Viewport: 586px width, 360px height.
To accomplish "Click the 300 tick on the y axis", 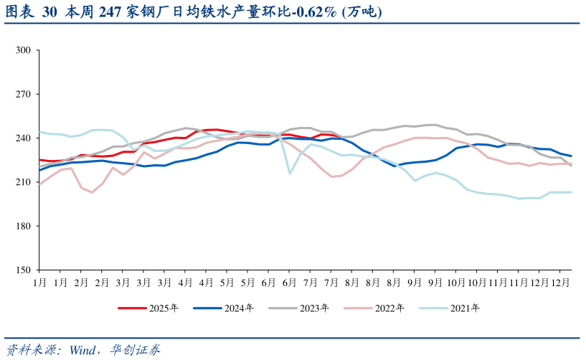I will click(x=23, y=50).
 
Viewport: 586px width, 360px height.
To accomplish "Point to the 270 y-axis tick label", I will click(x=23, y=94).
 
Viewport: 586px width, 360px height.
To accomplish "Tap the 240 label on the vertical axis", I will click(x=23, y=138).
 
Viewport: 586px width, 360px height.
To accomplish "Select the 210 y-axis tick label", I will click(x=23, y=182).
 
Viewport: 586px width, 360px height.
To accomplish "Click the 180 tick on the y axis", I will click(x=23, y=226).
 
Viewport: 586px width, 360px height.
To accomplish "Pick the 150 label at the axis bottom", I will click(x=23, y=270).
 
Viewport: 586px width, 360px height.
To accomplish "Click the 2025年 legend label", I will click(x=164, y=308).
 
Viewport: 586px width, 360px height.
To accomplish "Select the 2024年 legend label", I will click(x=239, y=308).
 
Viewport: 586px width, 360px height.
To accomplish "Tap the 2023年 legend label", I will click(x=314, y=308).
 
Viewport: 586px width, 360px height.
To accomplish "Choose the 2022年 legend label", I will click(x=389, y=308).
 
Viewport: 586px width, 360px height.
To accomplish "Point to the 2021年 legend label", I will click(x=465, y=308).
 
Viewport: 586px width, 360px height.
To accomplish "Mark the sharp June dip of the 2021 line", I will click(x=290, y=174).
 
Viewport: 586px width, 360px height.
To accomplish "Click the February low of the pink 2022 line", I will click(x=92, y=192).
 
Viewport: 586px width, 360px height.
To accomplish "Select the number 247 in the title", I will click(x=110, y=12).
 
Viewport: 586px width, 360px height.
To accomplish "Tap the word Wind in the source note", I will click(x=85, y=350).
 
